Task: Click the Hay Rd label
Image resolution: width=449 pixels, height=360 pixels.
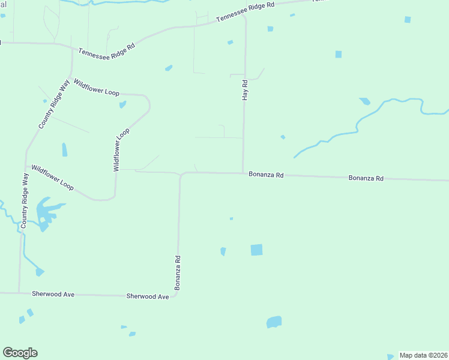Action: (245, 90)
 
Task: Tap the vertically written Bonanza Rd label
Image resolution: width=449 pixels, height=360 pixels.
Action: (178, 272)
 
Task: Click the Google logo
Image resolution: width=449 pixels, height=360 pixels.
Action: (20, 353)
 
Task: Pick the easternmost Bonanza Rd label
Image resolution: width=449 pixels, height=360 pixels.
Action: (366, 178)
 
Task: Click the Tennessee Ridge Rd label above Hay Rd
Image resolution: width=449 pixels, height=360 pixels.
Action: (245, 12)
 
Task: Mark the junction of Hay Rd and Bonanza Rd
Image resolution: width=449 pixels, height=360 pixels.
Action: (243, 173)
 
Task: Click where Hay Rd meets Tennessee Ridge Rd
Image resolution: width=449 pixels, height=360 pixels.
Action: (245, 16)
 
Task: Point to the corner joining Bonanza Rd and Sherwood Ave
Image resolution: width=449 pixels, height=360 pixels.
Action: (178, 295)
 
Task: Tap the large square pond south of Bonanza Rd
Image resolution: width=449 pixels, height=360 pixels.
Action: (256, 250)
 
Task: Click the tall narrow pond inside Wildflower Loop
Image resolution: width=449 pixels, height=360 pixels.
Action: (64, 149)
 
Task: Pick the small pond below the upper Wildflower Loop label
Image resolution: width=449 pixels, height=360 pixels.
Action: (122, 105)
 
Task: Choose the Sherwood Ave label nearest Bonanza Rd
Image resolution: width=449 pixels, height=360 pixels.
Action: (148, 296)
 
